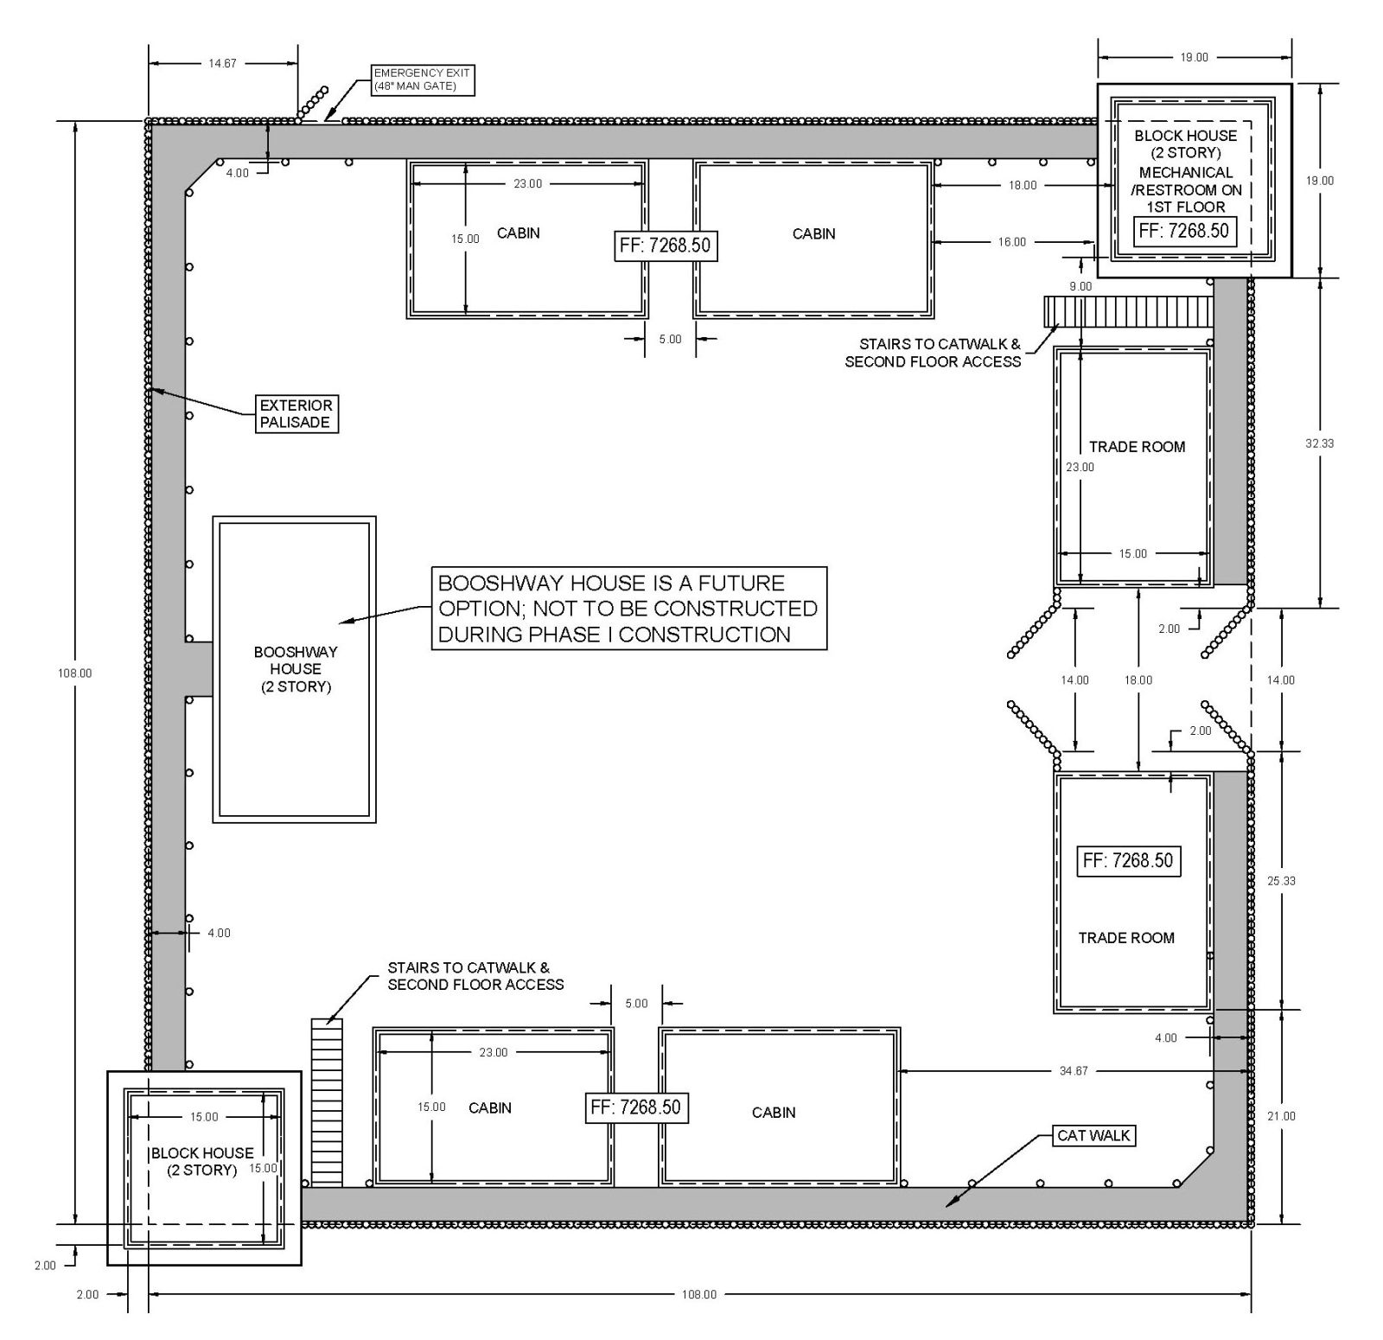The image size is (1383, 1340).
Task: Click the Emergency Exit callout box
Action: [422, 80]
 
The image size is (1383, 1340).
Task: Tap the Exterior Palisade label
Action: [296, 413]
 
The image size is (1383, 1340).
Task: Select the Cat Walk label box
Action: [1093, 1135]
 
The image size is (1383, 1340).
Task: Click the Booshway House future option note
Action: [628, 609]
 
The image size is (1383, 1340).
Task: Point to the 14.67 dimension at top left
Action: [222, 63]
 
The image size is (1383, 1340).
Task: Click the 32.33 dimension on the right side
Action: [1319, 443]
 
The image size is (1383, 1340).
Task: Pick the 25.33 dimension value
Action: [1281, 881]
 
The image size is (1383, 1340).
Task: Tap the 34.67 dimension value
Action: [1074, 1071]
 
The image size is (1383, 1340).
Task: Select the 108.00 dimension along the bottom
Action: [699, 1294]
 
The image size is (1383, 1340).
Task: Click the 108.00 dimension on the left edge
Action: [74, 673]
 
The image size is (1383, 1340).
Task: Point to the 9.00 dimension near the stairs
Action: [1080, 286]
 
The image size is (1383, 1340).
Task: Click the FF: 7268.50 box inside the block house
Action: [1183, 231]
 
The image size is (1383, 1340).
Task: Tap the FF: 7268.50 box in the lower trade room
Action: [1128, 860]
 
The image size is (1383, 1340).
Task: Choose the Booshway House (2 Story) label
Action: [296, 669]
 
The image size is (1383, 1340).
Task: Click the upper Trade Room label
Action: [1137, 447]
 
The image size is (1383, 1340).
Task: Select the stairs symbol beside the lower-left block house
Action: [327, 1102]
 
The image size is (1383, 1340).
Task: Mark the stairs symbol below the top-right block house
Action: [1129, 311]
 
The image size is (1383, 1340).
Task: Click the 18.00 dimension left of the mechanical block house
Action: [1023, 185]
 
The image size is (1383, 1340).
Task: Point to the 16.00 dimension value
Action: [1012, 242]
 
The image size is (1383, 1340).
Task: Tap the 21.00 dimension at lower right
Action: [1281, 1116]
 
